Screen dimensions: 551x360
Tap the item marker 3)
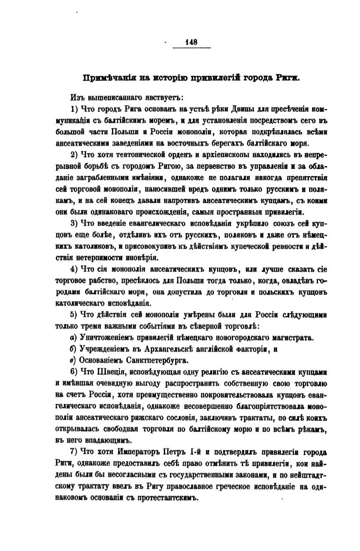point(74,223)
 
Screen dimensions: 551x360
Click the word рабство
point(97,280)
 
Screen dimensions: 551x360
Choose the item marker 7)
point(74,452)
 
